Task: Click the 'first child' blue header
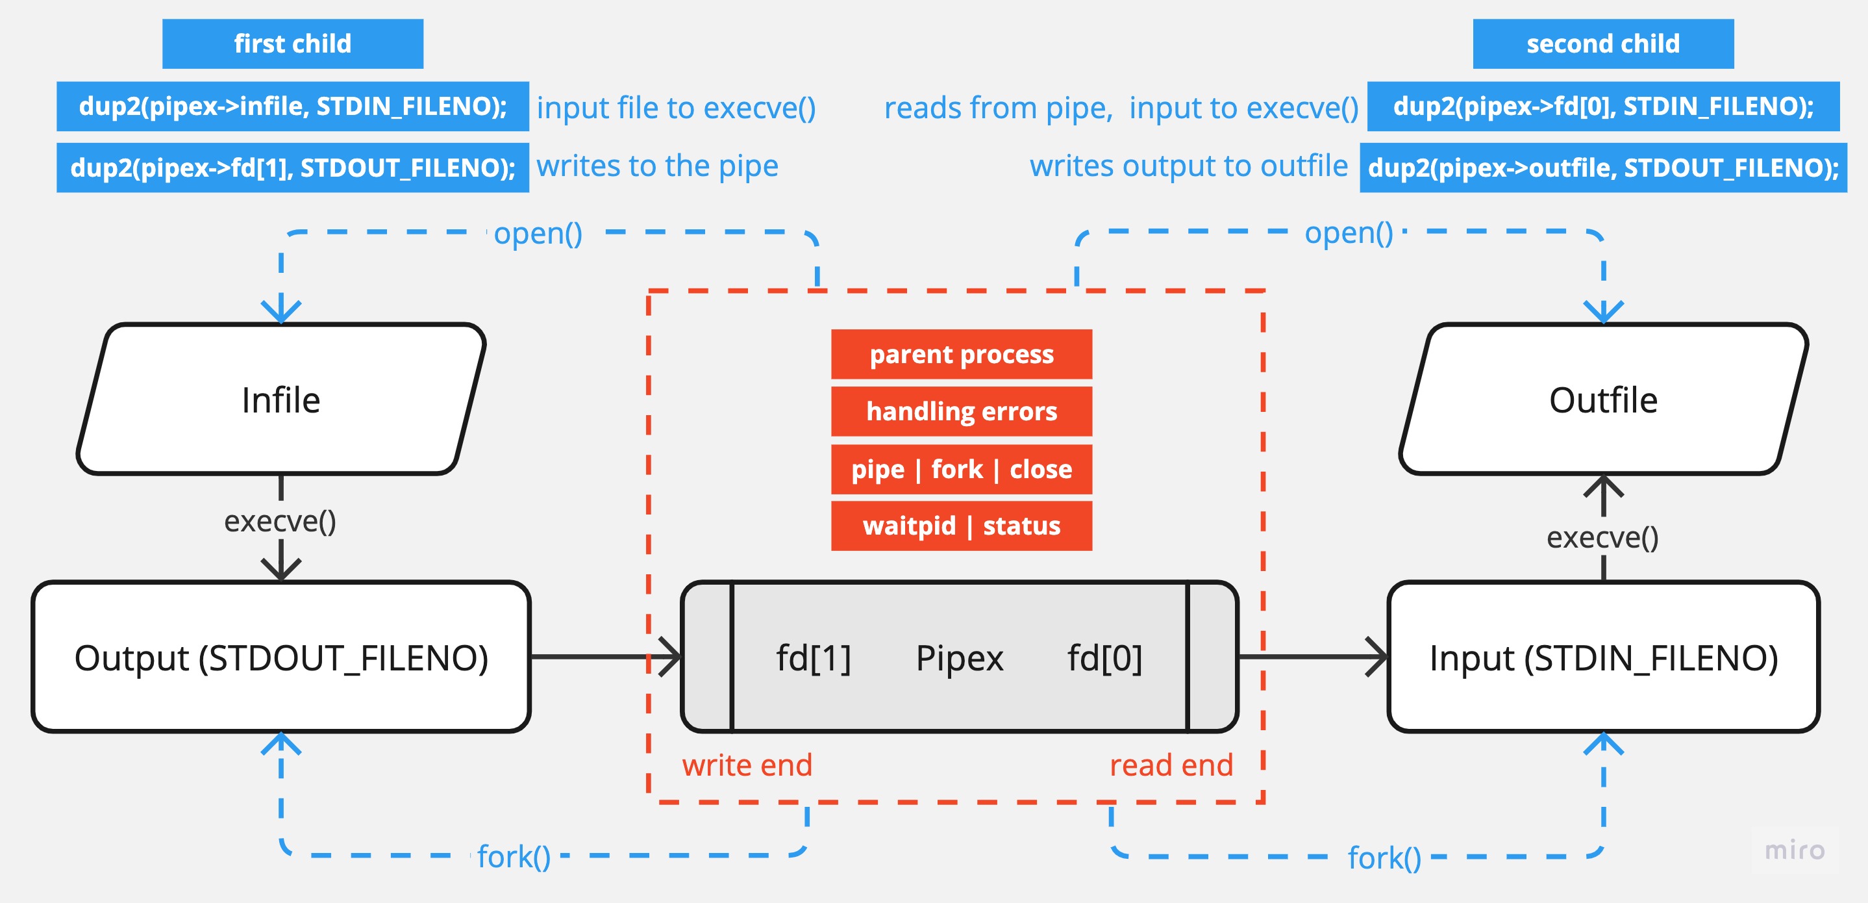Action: tap(292, 44)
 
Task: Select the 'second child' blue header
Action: tap(1602, 44)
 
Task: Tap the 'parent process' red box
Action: tap(961, 354)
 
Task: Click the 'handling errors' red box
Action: tap(961, 411)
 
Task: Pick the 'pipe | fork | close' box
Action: tap(961, 469)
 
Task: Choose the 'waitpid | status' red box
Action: tap(961, 526)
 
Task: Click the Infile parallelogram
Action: tap(280, 400)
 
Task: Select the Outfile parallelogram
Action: tap(1602, 400)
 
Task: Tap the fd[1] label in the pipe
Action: tap(813, 658)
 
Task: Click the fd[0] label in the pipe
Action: tap(1104, 658)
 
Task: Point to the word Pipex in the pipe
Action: tap(960, 658)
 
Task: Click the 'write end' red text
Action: tap(747, 765)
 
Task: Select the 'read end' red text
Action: tap(1171, 765)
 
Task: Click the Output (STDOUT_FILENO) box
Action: tap(280, 657)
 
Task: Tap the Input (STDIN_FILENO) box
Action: tap(1602, 657)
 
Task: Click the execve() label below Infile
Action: tap(280, 521)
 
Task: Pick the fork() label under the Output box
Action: tap(514, 857)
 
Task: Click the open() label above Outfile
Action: tap(1349, 233)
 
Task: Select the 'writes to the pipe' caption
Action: tap(657, 166)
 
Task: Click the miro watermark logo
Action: tap(1794, 849)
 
